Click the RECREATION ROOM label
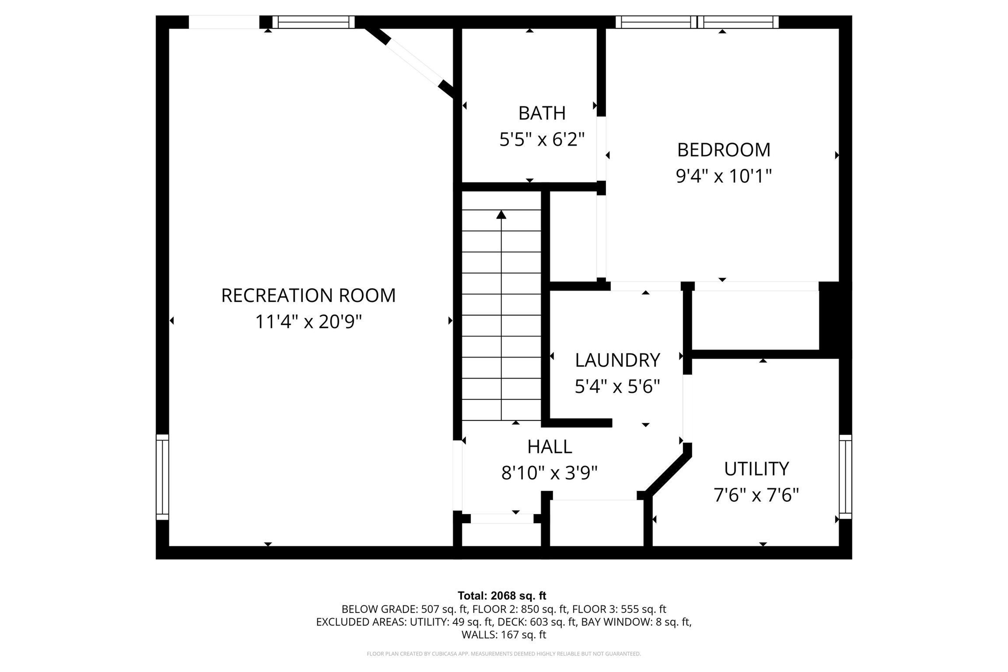pyautogui.click(x=308, y=296)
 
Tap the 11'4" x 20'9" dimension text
pyautogui.click(x=308, y=322)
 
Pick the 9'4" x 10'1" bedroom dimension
pyautogui.click(x=724, y=176)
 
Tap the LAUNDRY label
pyautogui.click(x=617, y=360)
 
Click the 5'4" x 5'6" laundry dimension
pyautogui.click(x=617, y=387)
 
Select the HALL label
pyautogui.click(x=549, y=447)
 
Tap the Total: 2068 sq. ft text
pyautogui.click(x=502, y=596)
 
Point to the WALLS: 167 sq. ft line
pyautogui.click(x=503, y=635)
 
